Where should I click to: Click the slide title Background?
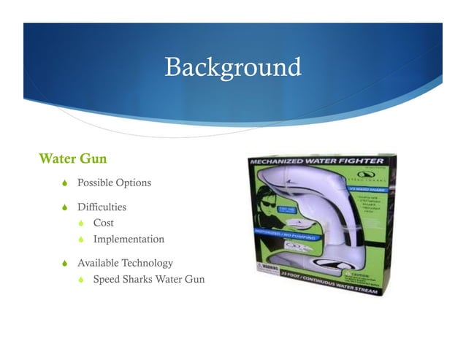232,66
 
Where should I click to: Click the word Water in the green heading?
56,158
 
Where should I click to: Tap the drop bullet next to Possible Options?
64,183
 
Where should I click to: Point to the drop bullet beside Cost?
82,223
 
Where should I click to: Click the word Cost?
103,223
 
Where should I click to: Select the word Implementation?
129,239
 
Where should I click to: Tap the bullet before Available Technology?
64,263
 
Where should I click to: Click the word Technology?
147,263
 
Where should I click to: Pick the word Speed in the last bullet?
107,279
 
